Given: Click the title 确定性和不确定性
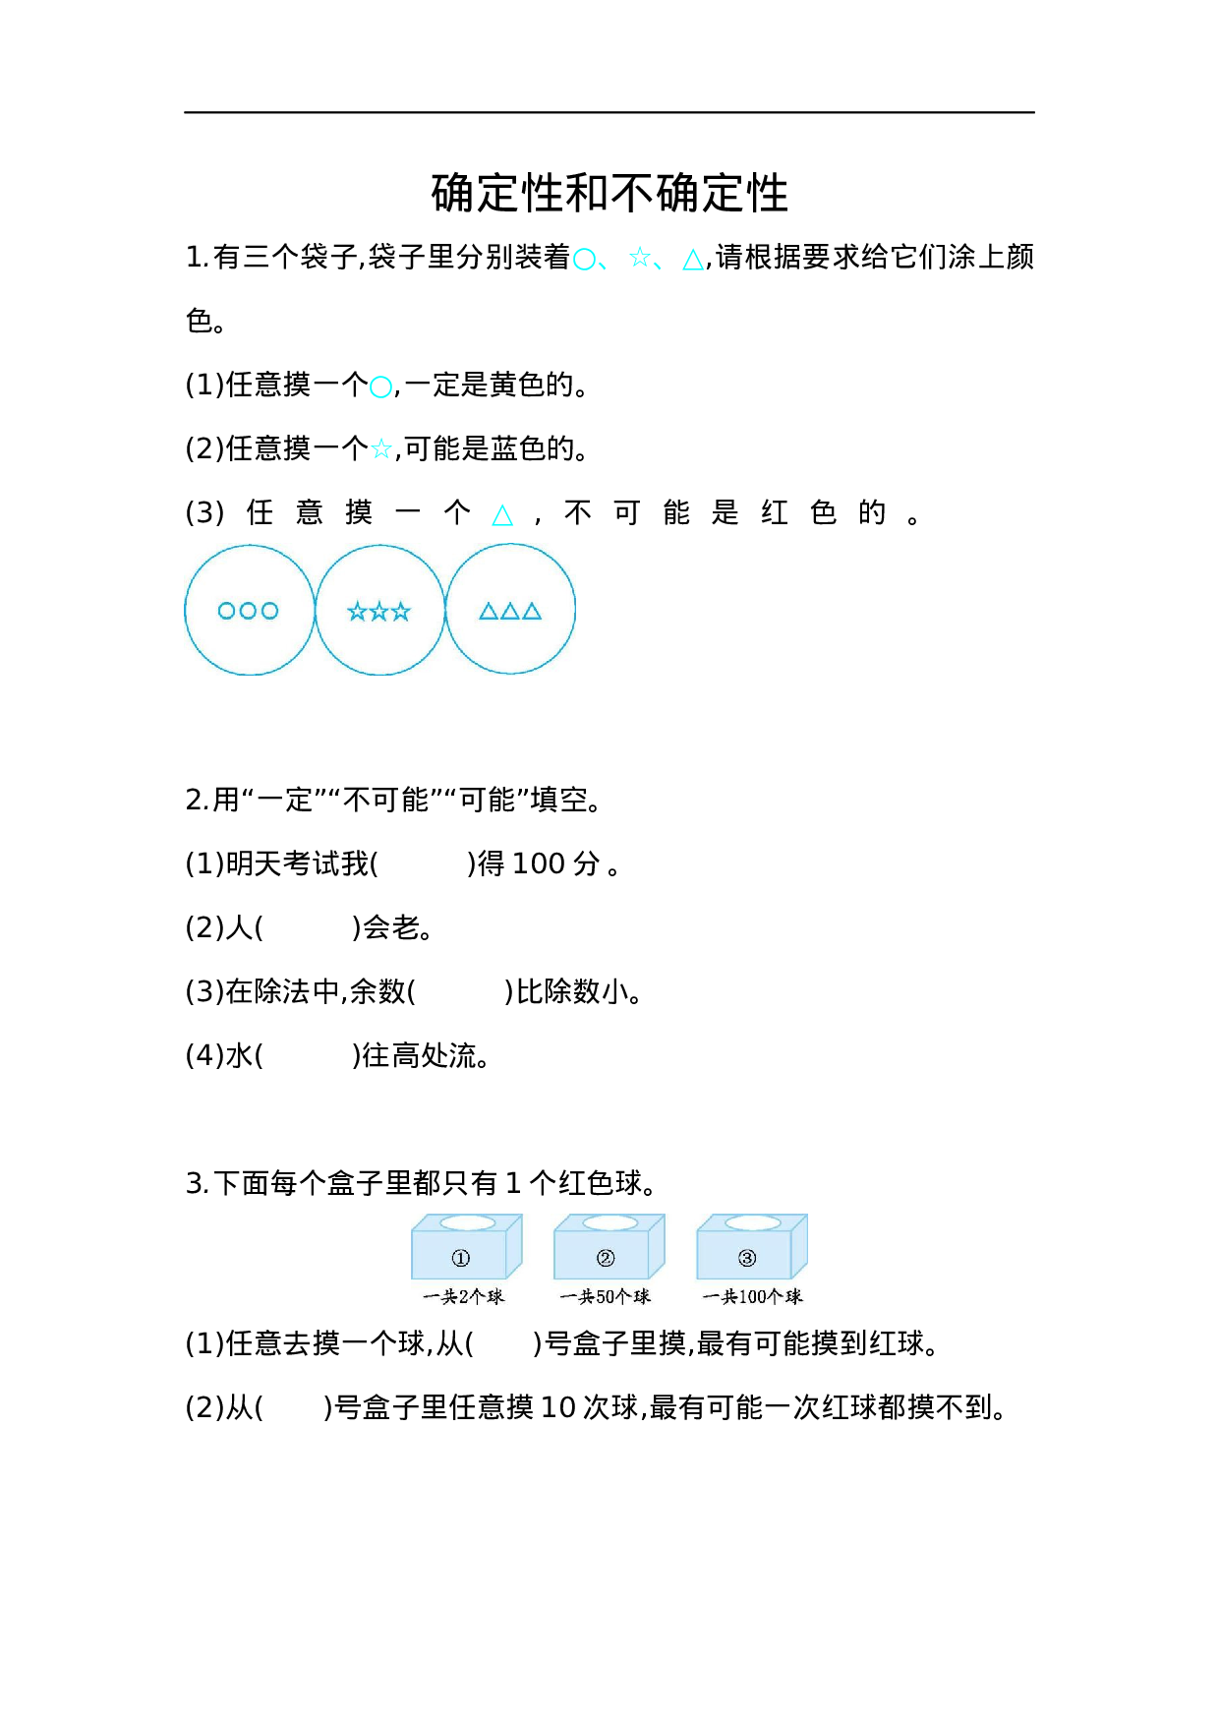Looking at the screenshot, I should coord(609,193).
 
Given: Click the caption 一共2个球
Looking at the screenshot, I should coord(463,1297).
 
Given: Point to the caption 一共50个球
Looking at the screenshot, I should coord(606,1297).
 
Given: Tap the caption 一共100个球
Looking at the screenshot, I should coord(752,1297).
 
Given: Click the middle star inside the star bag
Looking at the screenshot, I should coord(379,612).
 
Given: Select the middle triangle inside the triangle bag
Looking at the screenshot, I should coord(510,611).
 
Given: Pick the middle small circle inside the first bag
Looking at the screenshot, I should coord(248,611).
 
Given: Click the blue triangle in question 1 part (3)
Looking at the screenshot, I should coord(502,515).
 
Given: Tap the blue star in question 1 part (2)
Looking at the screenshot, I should coord(381,450).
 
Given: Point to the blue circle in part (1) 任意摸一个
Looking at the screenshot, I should coord(380,387).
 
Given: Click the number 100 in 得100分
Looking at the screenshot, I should coord(538,863).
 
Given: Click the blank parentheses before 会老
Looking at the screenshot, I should coord(308,927).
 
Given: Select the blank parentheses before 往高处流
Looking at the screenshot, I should coord(308,1055).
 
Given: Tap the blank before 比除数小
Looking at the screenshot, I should coord(459,991).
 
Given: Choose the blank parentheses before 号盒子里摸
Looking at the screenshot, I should coord(502,1343).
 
